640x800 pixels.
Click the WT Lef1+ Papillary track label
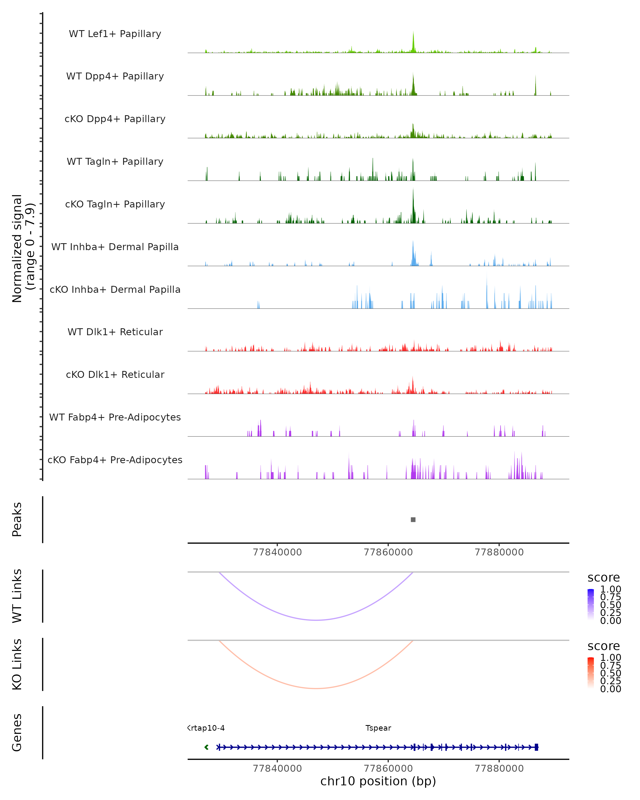coord(115,34)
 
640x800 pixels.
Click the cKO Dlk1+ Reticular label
coord(115,374)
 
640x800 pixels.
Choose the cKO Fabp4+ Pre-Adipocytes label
coord(115,460)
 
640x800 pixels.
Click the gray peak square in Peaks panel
coord(413,519)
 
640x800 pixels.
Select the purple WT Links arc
coord(316,620)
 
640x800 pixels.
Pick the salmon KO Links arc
coord(316,688)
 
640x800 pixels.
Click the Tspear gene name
coord(378,728)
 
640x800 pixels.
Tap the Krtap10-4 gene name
coord(206,728)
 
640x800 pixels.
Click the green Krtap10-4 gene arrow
coord(206,747)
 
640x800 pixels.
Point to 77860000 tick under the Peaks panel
coord(388,552)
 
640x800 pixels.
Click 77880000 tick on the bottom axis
coord(499,769)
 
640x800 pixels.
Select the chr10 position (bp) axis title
coord(378,781)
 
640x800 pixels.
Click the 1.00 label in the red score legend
coord(611,658)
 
